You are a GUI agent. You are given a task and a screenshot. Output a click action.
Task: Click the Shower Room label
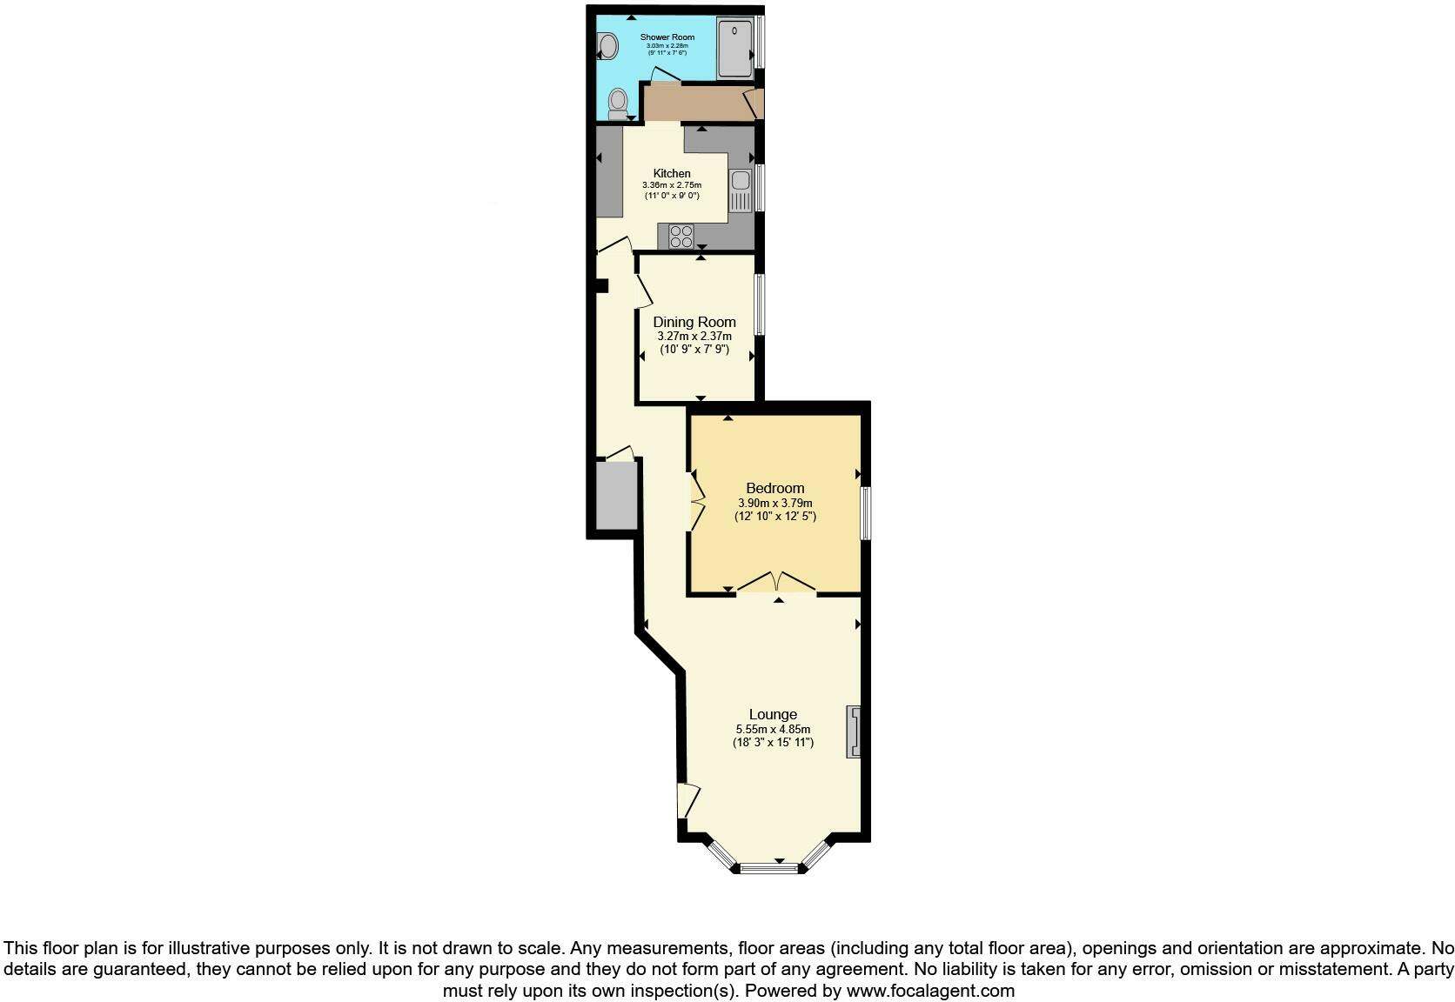pos(667,37)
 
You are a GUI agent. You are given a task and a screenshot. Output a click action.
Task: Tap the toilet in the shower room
pos(619,104)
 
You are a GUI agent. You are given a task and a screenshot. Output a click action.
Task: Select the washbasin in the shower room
pos(607,43)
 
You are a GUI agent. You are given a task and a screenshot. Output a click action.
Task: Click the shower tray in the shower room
pos(736,48)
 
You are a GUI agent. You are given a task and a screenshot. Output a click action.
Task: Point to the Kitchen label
pos(672,174)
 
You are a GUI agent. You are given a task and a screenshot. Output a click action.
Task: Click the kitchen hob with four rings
pos(681,236)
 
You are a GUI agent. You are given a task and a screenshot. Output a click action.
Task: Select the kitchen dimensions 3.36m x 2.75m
pos(672,185)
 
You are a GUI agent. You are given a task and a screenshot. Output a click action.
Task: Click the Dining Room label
pos(694,322)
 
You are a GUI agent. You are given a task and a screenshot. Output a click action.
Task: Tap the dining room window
pos(760,304)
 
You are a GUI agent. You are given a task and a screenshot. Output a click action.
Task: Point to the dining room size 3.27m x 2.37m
pos(694,337)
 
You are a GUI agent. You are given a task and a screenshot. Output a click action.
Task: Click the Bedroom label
pos(775,488)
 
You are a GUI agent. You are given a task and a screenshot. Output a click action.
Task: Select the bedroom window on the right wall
pos(866,513)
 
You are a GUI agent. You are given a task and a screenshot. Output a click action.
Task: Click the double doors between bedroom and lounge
pos(778,584)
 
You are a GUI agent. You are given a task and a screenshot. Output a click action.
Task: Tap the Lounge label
pos(774,715)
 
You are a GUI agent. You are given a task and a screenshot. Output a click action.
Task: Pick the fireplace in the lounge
pos(854,731)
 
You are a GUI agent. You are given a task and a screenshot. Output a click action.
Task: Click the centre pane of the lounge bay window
pos(769,866)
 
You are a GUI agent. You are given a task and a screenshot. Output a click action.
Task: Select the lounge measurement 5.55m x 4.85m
pos(774,730)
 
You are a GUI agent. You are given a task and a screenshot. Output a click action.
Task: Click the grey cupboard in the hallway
pos(617,496)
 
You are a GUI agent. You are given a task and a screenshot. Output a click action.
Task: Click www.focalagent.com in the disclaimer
pos(930,991)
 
